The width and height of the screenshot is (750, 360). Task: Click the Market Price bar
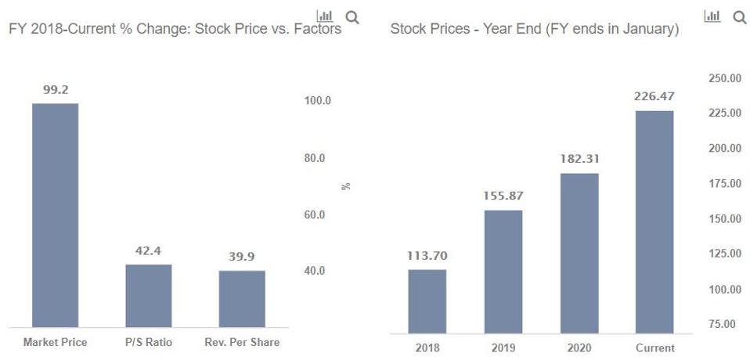(x=55, y=215)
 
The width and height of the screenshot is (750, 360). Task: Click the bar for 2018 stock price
(x=427, y=302)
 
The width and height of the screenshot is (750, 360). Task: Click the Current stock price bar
(x=654, y=222)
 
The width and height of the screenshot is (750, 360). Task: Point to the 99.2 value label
(x=55, y=90)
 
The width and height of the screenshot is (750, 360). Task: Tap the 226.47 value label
(x=654, y=96)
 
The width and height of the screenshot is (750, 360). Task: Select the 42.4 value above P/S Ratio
(x=149, y=251)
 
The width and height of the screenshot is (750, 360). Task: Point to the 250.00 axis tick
(x=724, y=77)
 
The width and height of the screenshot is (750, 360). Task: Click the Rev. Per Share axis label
(x=242, y=342)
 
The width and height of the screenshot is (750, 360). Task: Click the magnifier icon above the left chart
(x=352, y=16)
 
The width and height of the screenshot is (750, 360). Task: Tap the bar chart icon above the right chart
(x=712, y=16)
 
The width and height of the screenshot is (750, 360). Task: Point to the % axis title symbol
(x=346, y=186)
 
